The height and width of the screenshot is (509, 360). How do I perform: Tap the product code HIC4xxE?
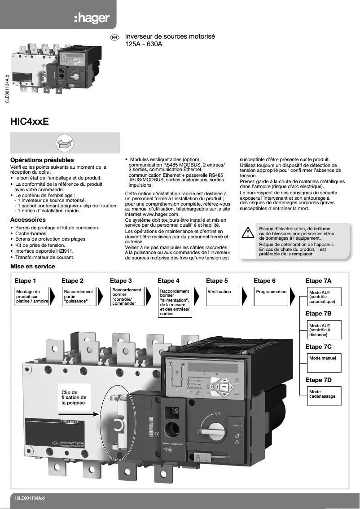(x=29, y=122)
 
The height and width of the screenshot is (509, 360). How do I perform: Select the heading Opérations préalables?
(x=42, y=160)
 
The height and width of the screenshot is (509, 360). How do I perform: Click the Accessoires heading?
(x=28, y=220)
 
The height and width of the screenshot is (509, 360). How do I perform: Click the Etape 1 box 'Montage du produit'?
(x=31, y=297)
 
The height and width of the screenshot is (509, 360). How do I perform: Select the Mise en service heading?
(x=33, y=267)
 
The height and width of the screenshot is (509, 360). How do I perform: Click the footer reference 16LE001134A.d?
(x=30, y=498)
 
